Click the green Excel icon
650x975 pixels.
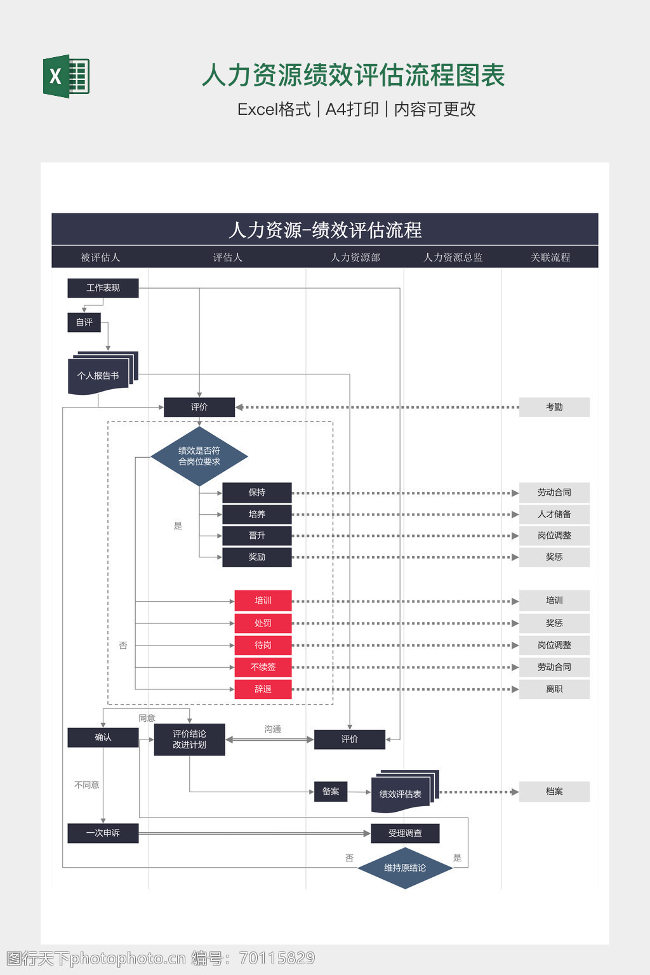point(66,76)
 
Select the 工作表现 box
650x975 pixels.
point(103,288)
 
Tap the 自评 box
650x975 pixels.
point(84,322)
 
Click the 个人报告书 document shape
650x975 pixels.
point(99,375)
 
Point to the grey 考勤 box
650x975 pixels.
point(554,407)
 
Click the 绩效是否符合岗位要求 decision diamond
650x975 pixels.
point(199,456)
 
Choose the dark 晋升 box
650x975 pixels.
point(257,536)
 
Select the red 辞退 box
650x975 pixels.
point(263,689)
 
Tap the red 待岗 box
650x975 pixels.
point(263,645)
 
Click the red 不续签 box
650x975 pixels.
point(263,667)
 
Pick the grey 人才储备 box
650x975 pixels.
point(554,514)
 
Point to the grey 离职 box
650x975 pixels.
point(554,689)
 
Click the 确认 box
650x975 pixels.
point(103,738)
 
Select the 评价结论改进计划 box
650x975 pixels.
point(189,740)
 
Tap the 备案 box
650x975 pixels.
point(331,792)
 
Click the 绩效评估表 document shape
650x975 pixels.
point(401,793)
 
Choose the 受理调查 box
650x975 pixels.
point(405,833)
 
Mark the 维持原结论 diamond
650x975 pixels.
point(405,868)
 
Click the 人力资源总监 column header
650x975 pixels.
point(453,257)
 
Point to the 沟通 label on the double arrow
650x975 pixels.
point(273,729)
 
